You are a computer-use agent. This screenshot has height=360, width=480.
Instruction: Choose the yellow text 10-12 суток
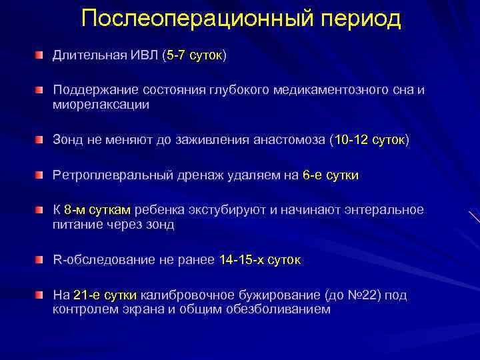click(x=369, y=141)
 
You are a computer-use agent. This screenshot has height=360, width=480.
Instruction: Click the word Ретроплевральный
click(x=109, y=175)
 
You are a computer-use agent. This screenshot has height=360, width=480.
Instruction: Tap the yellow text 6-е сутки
click(x=330, y=175)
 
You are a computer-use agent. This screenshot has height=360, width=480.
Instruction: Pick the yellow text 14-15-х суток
click(x=260, y=260)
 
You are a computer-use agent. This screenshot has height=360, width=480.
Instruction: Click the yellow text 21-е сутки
click(x=105, y=295)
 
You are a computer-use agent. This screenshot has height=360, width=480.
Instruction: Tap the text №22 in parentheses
click(x=363, y=295)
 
